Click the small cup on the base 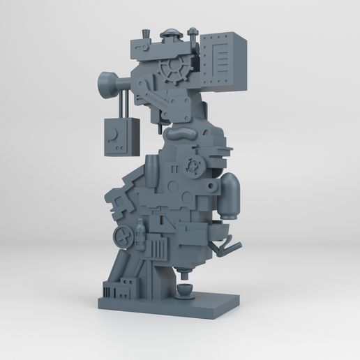185,290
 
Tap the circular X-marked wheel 125,235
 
